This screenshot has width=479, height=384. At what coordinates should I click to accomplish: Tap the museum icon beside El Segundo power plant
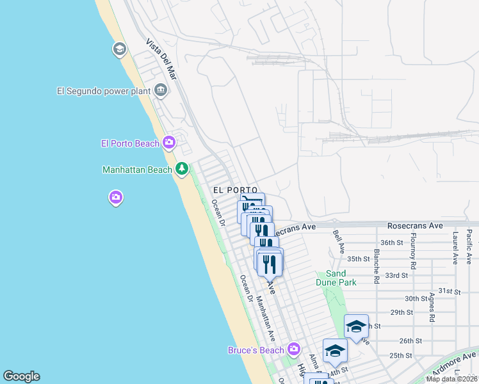coord(161,90)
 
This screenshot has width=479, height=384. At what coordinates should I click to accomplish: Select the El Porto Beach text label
coord(130,143)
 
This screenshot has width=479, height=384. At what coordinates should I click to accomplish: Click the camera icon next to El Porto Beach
coord(169,142)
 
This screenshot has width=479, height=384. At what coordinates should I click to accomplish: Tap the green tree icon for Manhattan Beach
coord(183,169)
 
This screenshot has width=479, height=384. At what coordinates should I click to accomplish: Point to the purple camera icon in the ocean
coord(116,197)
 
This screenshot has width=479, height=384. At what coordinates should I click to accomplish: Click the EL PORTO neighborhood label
coord(235,190)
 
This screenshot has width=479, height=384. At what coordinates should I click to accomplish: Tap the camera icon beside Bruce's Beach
coord(294,349)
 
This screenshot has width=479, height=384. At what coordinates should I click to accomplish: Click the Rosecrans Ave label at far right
coord(415,226)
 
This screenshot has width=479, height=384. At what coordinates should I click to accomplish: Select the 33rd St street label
coord(396,275)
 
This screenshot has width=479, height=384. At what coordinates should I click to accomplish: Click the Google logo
coord(21,376)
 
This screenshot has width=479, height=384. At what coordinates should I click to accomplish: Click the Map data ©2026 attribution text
coord(452,379)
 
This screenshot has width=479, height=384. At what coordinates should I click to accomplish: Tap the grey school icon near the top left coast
coord(119,49)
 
